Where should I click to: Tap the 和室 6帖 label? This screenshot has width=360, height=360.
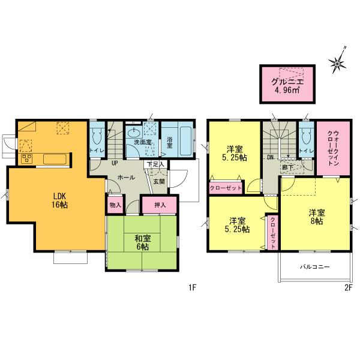tap(142, 242)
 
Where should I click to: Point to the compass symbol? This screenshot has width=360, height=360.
tap(339, 60)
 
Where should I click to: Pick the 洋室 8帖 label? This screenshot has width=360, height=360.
tap(316, 217)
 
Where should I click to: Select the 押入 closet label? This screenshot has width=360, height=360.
tap(160, 205)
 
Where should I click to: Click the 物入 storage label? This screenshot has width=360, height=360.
tap(115, 205)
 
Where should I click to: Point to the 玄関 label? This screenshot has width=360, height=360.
tap(158, 181)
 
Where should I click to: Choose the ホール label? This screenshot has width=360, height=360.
tap(126, 178)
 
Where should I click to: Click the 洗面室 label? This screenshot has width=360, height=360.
tap(142, 142)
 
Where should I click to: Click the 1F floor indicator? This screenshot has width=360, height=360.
tap(191, 287)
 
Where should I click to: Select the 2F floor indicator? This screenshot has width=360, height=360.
tap(347, 287)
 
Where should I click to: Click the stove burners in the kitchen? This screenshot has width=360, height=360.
tap(27, 158)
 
